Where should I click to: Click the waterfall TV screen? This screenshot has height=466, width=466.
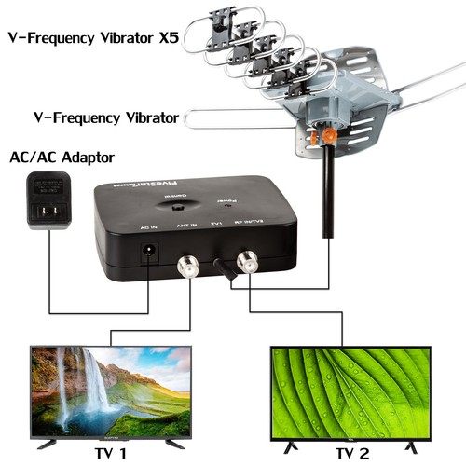point(110,391)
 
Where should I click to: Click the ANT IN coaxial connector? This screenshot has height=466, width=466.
point(187,266)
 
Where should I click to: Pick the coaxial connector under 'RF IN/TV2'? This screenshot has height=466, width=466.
point(248,262)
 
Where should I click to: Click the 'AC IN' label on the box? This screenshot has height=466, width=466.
point(147,226)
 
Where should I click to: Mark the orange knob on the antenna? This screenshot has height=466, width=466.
point(327,136)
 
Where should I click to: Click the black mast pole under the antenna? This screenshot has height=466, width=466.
point(328,196)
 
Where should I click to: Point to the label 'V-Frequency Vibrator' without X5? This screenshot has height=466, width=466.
point(92,118)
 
